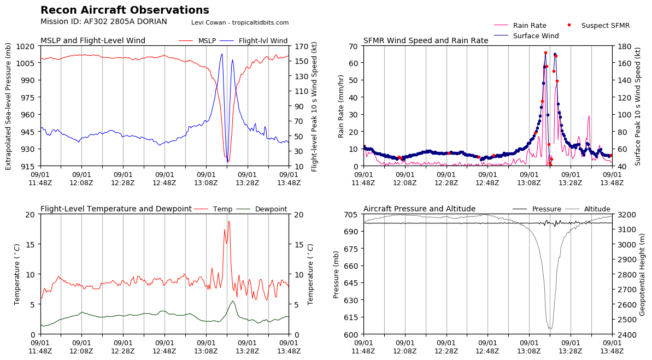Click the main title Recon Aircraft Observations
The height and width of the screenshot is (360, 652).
pyautogui.click(x=125, y=10)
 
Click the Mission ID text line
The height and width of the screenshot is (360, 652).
pyautogui.click(x=104, y=22)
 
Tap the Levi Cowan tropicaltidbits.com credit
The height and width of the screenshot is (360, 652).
pyautogui.click(x=240, y=22)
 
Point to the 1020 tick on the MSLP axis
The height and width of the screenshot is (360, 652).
pyautogui.click(x=28, y=46)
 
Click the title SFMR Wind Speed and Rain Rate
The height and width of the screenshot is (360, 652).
pyautogui.click(x=426, y=41)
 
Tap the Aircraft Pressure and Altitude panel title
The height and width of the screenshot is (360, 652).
pyautogui.click(x=419, y=209)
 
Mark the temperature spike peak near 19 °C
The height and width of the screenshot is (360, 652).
pyautogui.click(x=228, y=221)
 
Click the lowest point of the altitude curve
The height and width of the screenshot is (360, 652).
pyautogui.click(x=550, y=329)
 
